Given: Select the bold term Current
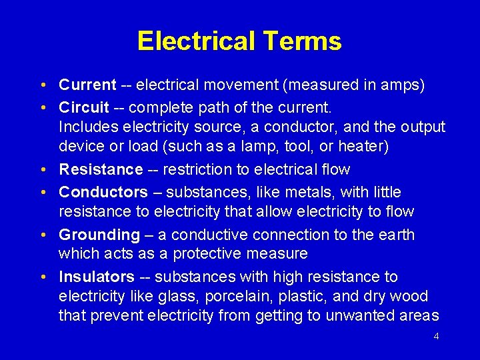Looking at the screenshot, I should (x=87, y=85).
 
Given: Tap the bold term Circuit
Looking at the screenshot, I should (x=84, y=107).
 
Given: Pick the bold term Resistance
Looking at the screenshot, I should (x=101, y=170).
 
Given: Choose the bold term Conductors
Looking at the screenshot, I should (x=103, y=193).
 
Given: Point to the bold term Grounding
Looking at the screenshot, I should (x=99, y=235).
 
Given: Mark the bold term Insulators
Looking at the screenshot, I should (x=97, y=277).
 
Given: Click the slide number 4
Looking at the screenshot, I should (x=436, y=336).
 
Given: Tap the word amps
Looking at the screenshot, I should (x=402, y=85).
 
